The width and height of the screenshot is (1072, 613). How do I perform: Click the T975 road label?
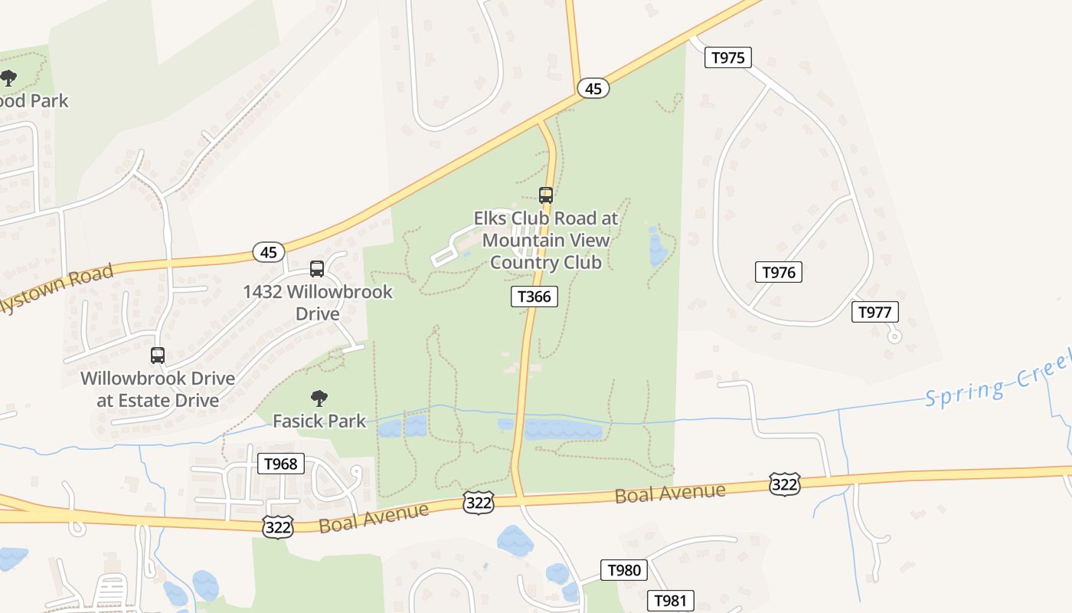pos(727,57)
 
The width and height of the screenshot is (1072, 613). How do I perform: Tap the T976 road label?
pos(779,272)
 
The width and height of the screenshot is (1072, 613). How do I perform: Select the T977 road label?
pos(874,312)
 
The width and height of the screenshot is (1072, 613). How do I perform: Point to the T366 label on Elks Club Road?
pos(534,297)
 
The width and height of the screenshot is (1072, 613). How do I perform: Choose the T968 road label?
pos(280,464)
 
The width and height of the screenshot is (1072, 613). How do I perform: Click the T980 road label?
pos(624,570)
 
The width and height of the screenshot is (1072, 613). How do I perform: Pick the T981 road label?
pos(671,601)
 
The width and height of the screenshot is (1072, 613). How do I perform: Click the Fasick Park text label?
pos(319,421)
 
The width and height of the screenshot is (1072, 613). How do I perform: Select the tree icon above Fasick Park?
pos(319,398)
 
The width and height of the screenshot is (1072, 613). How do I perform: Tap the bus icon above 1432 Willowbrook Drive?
pos(317,269)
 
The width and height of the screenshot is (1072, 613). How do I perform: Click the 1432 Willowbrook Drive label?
pos(318,303)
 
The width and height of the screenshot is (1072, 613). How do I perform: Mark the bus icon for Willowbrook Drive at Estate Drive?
pos(158,356)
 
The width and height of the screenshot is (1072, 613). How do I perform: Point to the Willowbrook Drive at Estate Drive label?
pos(158,389)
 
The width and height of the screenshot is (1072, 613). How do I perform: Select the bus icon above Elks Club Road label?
pos(546,195)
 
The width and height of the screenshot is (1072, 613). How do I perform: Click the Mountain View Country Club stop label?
pos(545,240)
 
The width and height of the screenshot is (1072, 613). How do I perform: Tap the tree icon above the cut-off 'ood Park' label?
pos(8,78)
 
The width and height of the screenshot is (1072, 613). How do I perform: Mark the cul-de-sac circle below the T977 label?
pos(894,336)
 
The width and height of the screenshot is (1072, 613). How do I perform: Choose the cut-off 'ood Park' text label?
pos(34,100)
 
